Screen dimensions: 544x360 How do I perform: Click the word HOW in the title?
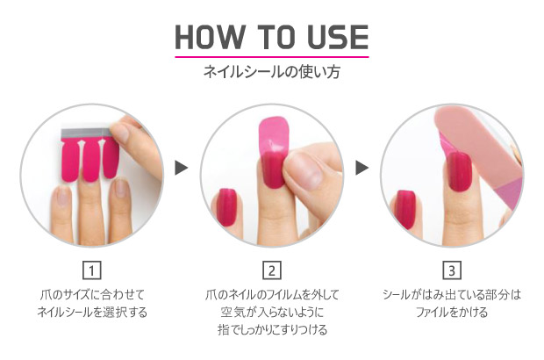(x=209, y=37)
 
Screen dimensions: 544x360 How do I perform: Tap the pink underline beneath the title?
(x=272, y=56)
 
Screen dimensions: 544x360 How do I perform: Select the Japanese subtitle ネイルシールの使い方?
(x=272, y=71)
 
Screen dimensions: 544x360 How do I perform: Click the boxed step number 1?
(x=92, y=270)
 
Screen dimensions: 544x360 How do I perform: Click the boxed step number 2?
(x=272, y=270)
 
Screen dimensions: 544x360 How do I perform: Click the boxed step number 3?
(x=452, y=270)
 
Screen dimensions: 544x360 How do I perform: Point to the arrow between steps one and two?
(x=181, y=168)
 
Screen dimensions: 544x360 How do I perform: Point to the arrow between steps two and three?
(x=361, y=168)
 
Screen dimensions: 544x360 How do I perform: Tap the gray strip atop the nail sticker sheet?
(x=86, y=133)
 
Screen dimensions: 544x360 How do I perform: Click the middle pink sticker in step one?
(x=90, y=160)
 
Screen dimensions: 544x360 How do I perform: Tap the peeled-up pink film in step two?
(x=274, y=135)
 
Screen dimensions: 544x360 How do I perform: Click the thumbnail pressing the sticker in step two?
(x=305, y=171)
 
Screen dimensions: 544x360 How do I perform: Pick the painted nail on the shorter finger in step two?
(x=227, y=207)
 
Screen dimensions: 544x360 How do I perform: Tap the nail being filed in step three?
(x=459, y=172)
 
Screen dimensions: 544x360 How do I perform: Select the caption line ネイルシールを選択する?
(x=92, y=312)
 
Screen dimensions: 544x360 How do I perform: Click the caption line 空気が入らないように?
(x=272, y=312)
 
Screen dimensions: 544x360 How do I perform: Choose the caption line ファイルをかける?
(x=452, y=312)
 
